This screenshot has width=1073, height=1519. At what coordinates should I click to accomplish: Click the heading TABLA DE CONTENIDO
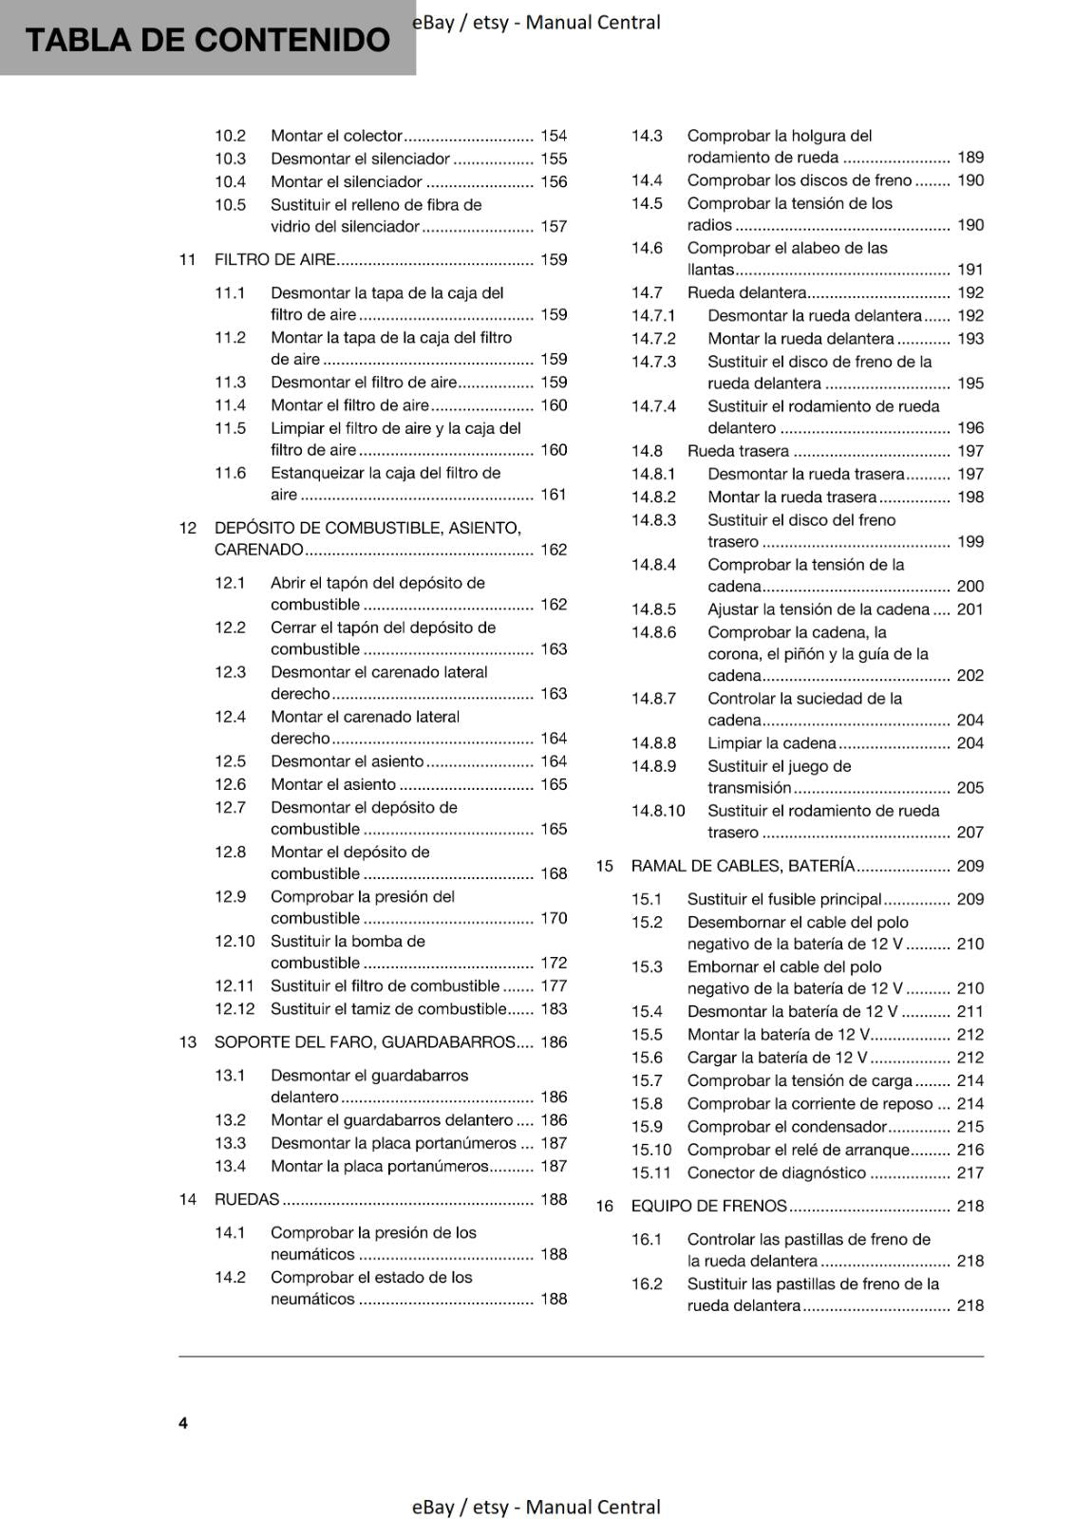pyautogui.click(x=207, y=40)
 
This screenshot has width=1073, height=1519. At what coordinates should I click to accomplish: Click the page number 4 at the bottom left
pyautogui.click(x=183, y=1422)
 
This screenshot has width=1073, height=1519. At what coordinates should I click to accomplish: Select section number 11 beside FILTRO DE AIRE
pyautogui.click(x=187, y=259)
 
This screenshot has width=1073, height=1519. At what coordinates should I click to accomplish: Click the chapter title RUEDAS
pyautogui.click(x=247, y=1199)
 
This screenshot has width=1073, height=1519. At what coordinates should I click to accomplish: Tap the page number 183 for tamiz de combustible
pyautogui.click(x=554, y=1008)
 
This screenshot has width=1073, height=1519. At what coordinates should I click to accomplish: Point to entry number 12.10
pyautogui.click(x=235, y=941)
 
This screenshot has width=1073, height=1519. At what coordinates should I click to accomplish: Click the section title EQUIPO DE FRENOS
pyautogui.click(x=708, y=1206)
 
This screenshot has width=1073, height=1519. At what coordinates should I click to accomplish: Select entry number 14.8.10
pyautogui.click(x=658, y=811)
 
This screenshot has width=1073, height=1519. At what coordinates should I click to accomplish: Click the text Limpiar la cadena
pyautogui.click(x=771, y=743)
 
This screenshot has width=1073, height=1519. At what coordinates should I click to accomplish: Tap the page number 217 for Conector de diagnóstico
pyautogui.click(x=970, y=1172)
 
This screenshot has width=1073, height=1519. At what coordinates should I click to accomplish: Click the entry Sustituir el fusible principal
pyautogui.click(x=784, y=899)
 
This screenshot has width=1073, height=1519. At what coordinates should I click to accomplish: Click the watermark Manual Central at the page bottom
pyautogui.click(x=593, y=1507)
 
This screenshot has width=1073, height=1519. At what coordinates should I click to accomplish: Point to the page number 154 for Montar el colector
pyautogui.click(x=554, y=136)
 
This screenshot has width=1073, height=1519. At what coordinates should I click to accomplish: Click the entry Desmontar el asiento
pyautogui.click(x=347, y=761)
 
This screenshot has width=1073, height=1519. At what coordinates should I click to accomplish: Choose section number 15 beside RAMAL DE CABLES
pyautogui.click(x=605, y=866)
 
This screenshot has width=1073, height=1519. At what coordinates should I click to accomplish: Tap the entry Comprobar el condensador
pyautogui.click(x=786, y=1126)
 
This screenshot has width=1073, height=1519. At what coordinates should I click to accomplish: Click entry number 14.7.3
pyautogui.click(x=654, y=362)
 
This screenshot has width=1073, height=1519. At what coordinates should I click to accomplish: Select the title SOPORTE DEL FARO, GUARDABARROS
pyautogui.click(x=364, y=1041)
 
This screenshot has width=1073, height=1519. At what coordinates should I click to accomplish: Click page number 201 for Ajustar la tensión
pyautogui.click(x=970, y=609)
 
